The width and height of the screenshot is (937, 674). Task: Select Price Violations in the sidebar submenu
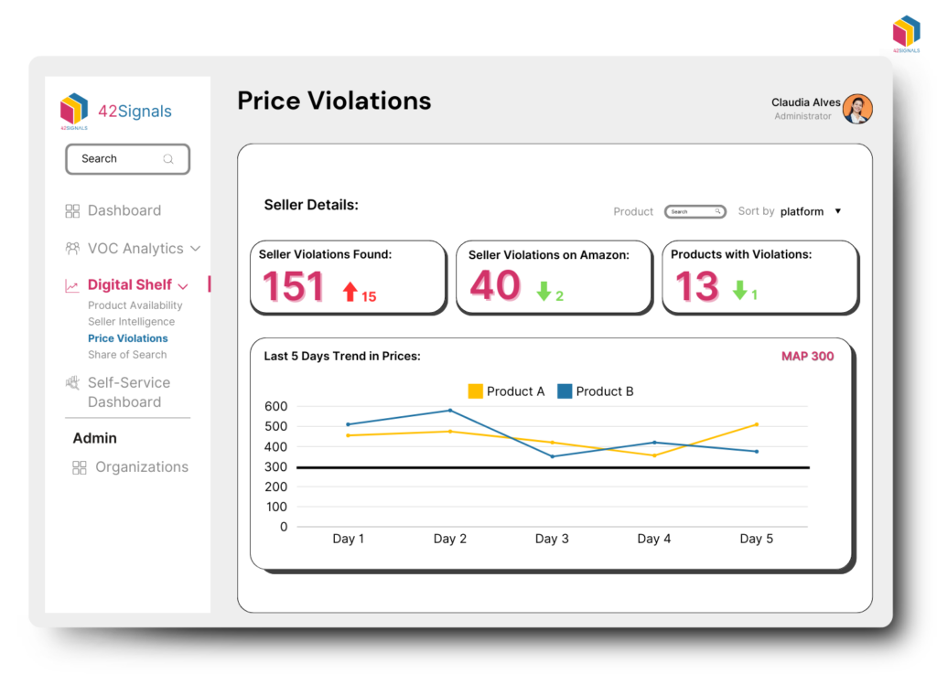coord(127,338)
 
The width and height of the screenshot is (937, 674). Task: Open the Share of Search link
coord(127,355)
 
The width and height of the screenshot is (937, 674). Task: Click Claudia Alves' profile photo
coord(857,109)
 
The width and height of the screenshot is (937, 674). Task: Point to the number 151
coord(294,286)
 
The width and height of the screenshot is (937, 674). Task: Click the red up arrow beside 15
coord(350,292)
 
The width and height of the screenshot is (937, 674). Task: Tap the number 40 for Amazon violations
coord(495,285)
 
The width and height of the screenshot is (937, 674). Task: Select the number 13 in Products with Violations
coord(696,287)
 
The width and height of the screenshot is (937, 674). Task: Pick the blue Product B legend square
coord(565,391)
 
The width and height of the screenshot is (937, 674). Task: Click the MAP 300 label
coord(807,357)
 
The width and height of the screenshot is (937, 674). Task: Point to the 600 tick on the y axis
coord(276,406)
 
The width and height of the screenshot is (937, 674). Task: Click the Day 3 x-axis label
coord(552,539)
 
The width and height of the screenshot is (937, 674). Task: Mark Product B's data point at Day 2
coord(450,411)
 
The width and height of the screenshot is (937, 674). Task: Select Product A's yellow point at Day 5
coord(756,424)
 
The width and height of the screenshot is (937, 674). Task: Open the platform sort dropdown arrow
coord(837,211)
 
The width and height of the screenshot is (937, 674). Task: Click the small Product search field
coord(695,211)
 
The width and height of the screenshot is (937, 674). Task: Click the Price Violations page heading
coord(334,101)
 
